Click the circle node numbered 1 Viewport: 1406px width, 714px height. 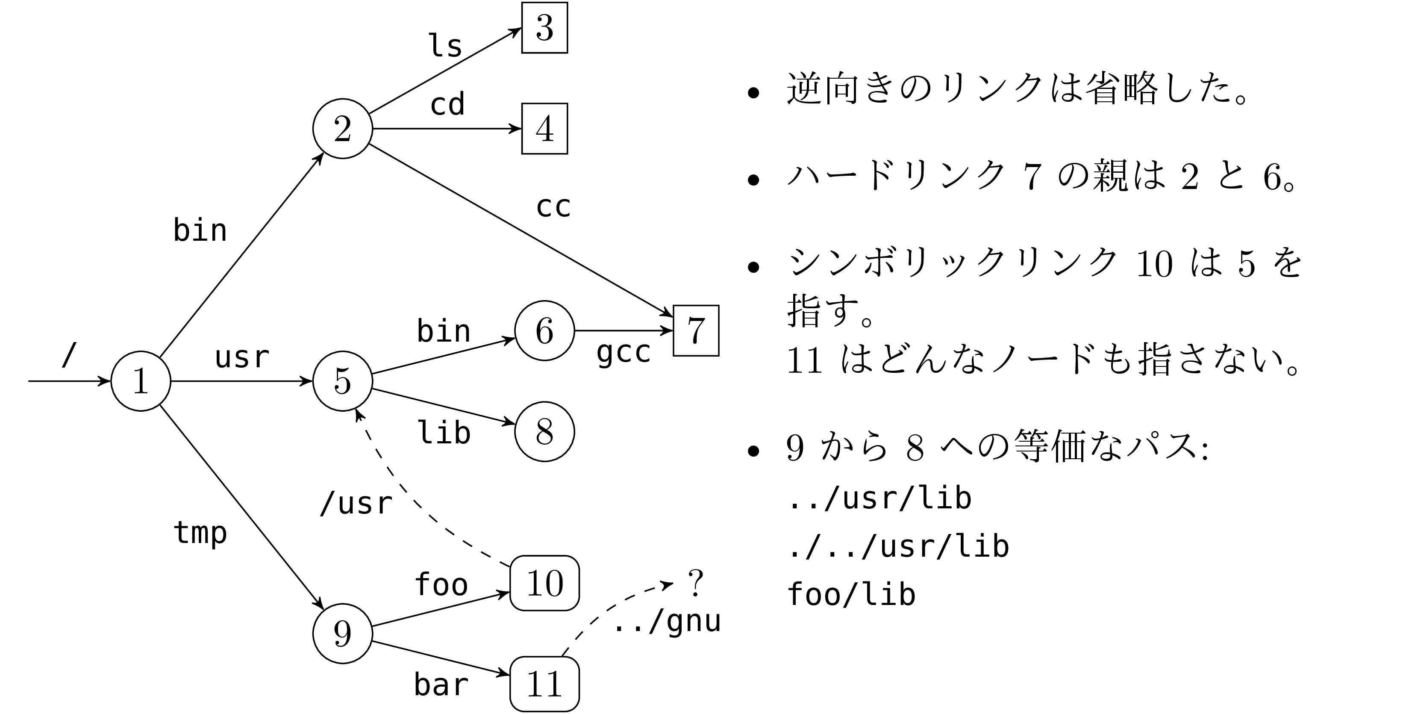[141, 381]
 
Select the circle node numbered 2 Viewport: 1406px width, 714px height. [343, 129]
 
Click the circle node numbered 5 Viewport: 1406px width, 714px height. [343, 381]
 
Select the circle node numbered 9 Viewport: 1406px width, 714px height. [343, 633]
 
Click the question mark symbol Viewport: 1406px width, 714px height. [695, 583]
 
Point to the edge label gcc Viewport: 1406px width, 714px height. [624, 353]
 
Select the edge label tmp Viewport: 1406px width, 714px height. [200, 533]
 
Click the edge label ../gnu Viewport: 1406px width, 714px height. [668, 621]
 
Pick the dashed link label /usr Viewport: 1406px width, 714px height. [356, 503]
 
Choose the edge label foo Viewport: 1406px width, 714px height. [441, 584]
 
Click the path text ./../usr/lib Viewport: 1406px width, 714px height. [898, 546]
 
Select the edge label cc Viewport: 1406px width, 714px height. [553, 207]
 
